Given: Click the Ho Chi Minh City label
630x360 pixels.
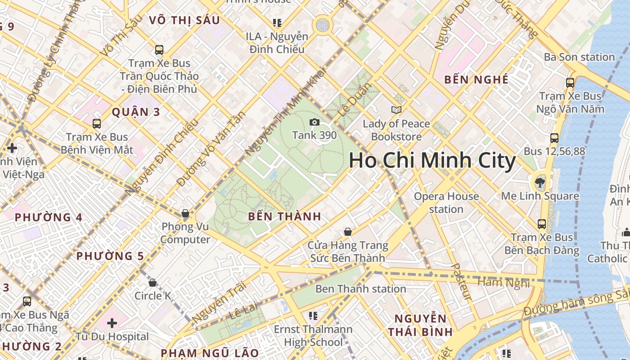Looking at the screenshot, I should tap(432, 161).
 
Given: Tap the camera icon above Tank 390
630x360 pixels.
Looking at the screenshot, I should tap(315, 122).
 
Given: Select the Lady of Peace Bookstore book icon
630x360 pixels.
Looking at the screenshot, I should tap(396, 110).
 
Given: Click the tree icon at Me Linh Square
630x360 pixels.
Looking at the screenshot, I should tap(539, 183).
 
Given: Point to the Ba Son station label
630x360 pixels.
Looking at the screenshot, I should tap(579, 57).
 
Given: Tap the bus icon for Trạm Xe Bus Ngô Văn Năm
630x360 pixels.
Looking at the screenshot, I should tap(570, 83).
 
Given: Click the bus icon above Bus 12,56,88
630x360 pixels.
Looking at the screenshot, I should tap(554, 138).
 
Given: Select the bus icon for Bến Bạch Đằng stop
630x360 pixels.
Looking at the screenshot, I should tap(542, 224).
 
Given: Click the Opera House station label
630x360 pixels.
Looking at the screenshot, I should tap(446, 202).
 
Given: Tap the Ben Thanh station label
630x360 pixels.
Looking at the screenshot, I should tap(360, 288).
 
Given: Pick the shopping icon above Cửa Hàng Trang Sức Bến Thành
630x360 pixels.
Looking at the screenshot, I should tap(347, 232).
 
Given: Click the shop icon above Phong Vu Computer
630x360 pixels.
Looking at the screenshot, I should tap(185, 213).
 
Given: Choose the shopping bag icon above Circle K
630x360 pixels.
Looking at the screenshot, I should tap(153, 283).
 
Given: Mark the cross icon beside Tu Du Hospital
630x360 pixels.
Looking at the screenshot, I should tap(112, 323).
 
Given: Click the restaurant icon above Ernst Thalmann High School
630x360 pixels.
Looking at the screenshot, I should tap(313, 316).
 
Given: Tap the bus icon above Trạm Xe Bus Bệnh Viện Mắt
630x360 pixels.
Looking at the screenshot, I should tap(96, 123).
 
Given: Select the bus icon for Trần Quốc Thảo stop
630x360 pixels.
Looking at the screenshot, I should tap(159, 49).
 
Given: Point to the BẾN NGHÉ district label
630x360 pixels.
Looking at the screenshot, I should tap(476, 80).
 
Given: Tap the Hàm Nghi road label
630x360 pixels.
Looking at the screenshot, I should tap(504, 282).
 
